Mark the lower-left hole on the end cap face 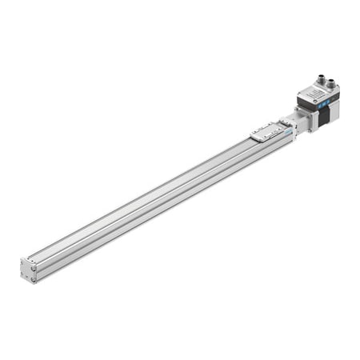click(x=25, y=276)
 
